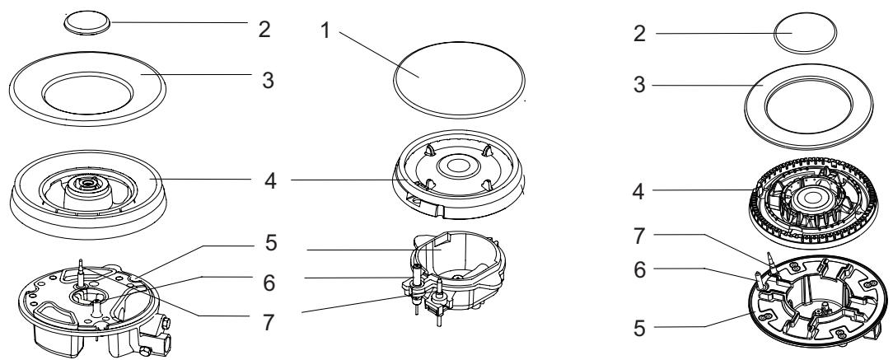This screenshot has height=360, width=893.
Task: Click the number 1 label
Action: point(325,30)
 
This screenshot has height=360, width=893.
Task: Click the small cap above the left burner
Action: point(87,24)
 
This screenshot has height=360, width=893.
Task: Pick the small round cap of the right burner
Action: point(806,33)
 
